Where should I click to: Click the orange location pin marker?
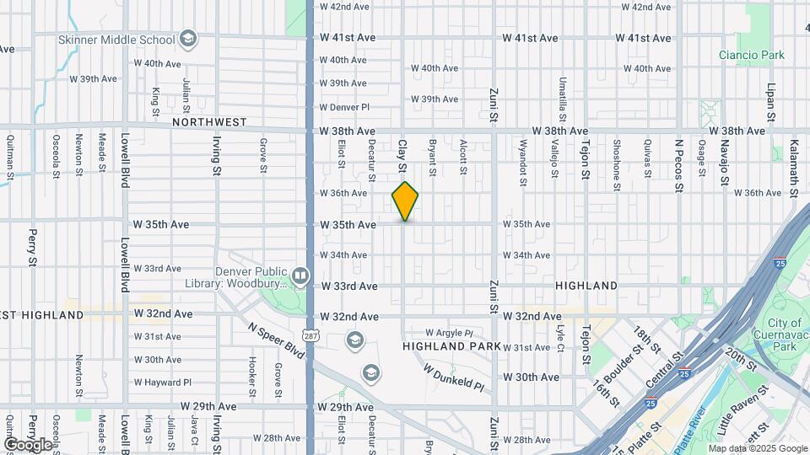pyautogui.click(x=405, y=201)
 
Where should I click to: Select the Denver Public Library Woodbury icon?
pyautogui.click(x=300, y=276)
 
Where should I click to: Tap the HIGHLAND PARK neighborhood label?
pyautogui.click(x=451, y=346)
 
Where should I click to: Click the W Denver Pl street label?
pyautogui.click(x=344, y=107)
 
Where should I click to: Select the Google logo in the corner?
pyautogui.click(x=29, y=444)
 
